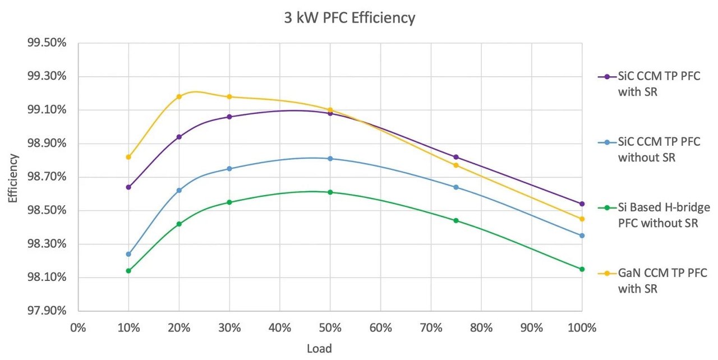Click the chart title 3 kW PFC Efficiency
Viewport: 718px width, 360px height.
[x=349, y=18]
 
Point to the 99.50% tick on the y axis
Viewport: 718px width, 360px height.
[x=50, y=43]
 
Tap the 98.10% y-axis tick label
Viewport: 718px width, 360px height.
[x=50, y=278]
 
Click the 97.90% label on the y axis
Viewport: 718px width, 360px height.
[x=50, y=311]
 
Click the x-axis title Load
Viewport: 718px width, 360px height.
[x=319, y=349]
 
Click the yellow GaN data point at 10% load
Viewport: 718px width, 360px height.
[x=128, y=157]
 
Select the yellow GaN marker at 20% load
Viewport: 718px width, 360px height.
[x=179, y=96]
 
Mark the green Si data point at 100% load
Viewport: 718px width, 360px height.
[x=582, y=269]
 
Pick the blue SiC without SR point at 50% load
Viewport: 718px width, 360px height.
[x=330, y=159]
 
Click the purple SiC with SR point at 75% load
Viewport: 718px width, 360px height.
[x=456, y=157]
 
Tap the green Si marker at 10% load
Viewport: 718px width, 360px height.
[x=128, y=271]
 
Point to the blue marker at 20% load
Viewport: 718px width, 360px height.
[x=179, y=190]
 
